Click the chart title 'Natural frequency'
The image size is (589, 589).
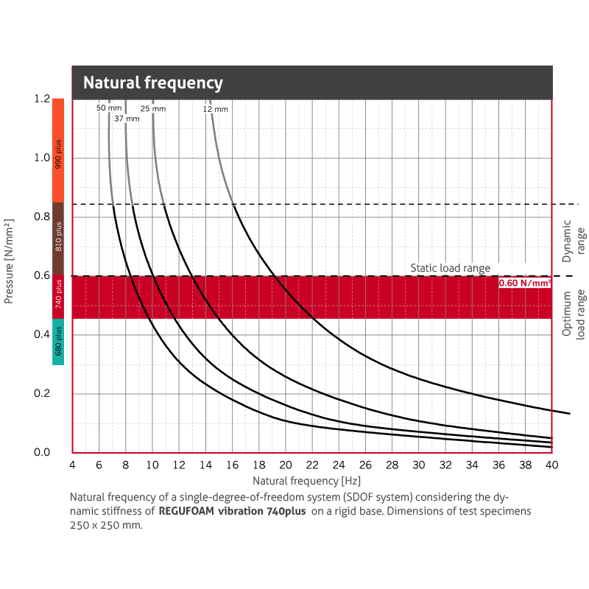coord(153,82)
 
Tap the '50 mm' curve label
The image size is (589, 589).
coord(108,108)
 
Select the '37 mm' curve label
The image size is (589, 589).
coord(127,118)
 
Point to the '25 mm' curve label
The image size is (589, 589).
coord(153,108)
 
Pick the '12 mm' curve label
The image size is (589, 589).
coord(216,109)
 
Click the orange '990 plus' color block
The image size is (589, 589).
coord(58,150)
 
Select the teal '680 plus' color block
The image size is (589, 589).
coord(58,342)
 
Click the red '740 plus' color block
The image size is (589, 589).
coord(58,297)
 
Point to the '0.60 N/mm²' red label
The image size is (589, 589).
coord(525,283)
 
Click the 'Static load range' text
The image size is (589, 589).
coord(450,269)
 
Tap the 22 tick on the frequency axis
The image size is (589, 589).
coord(312,466)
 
